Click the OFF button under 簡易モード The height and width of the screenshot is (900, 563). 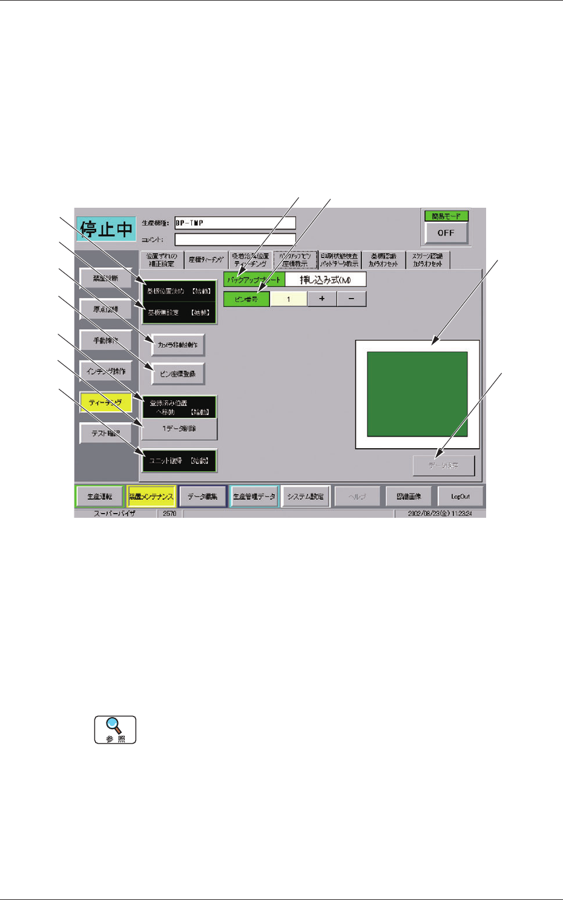446,233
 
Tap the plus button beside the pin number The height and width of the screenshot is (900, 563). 322,299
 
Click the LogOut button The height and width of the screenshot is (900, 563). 461,497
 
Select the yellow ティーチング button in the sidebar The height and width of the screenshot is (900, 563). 106,403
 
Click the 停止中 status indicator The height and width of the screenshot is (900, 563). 106,229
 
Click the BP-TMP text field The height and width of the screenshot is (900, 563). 235,223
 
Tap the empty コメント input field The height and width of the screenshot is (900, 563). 235,239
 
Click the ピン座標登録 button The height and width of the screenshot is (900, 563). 178,374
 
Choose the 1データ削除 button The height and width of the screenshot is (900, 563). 179,429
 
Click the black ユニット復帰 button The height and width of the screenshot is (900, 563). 179,461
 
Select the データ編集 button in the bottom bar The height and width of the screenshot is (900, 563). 203,497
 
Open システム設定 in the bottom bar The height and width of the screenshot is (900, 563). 306,497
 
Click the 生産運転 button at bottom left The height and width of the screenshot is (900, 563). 99,497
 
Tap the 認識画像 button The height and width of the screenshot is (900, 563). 409,497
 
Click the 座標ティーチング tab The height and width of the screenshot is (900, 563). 206,260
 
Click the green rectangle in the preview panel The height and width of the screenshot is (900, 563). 417,394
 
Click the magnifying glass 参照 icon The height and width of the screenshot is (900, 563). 115,730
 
